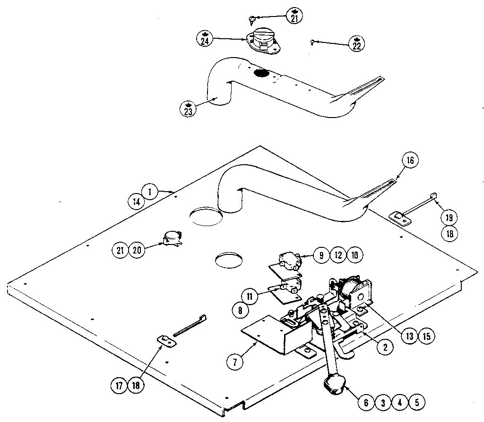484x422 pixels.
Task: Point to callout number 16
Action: click(409, 160)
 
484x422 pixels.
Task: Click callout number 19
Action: click(449, 217)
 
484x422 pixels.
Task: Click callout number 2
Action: click(385, 347)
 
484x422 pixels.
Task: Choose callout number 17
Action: click(120, 385)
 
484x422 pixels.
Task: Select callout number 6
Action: click(366, 403)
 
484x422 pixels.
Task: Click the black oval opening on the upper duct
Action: click(260, 73)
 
